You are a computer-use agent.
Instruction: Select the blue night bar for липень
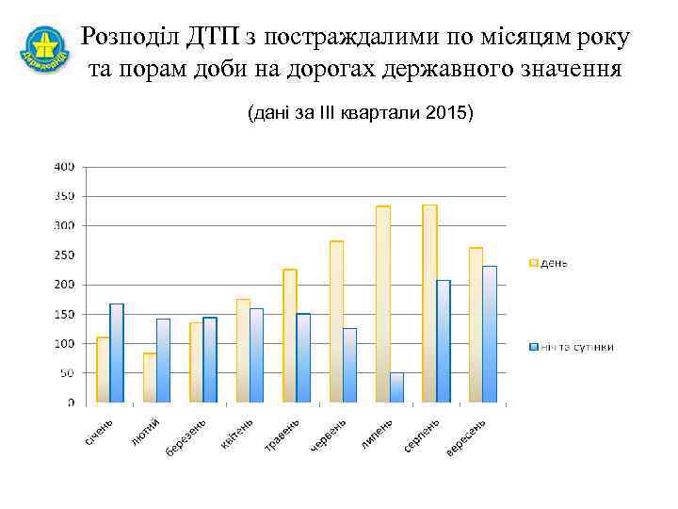(x=396, y=387)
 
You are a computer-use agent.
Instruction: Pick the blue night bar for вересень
(x=490, y=335)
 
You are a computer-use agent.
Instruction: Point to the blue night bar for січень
(x=117, y=353)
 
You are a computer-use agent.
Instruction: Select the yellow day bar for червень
(x=336, y=321)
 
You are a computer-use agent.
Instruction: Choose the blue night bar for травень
(x=303, y=358)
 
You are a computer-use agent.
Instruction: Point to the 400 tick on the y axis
(x=64, y=167)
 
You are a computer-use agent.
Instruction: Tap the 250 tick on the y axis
(x=64, y=255)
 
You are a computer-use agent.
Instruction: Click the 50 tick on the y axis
(x=67, y=373)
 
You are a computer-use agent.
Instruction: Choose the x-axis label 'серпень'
(x=422, y=435)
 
